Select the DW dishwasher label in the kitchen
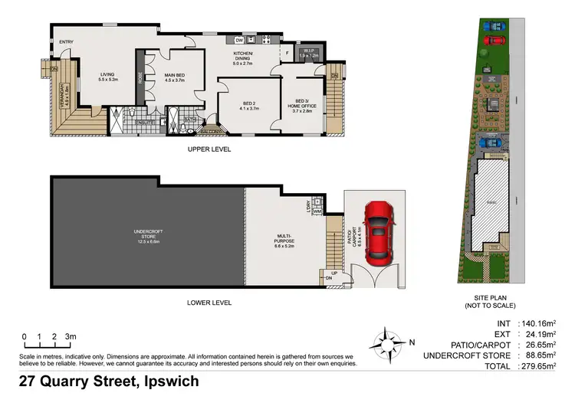[x=239, y=40]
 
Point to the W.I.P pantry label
[x=308, y=52]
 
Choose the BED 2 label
[x=248, y=103]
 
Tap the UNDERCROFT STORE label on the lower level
[x=144, y=233]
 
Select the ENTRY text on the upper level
[x=67, y=42]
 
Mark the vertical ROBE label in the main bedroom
[x=140, y=77]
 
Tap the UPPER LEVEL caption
[x=209, y=149]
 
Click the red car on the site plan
[x=496, y=41]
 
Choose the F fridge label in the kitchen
[x=286, y=52]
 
